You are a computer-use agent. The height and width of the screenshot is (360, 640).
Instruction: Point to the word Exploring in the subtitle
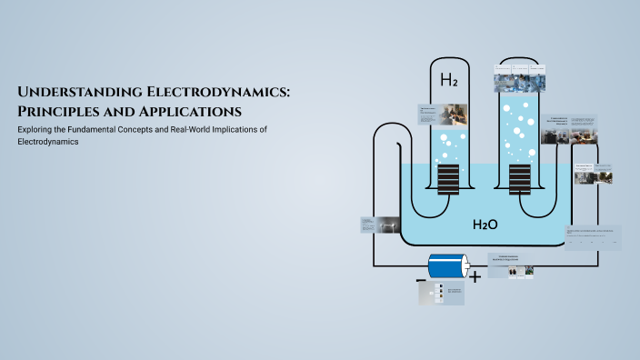pos(36,130)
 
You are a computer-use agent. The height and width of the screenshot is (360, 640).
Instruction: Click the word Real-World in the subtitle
pos(180,130)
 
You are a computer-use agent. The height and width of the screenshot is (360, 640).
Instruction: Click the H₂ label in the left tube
pos(449,80)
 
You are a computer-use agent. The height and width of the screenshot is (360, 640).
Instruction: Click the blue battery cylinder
pos(448,266)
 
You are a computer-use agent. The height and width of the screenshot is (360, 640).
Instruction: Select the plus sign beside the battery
pos(475,275)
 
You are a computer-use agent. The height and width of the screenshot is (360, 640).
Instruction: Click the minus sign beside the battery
pos(421,281)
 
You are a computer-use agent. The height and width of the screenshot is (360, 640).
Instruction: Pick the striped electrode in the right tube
pos(519,179)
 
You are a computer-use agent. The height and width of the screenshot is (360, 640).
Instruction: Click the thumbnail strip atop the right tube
pos(519,77)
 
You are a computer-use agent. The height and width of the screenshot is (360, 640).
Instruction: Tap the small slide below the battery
pos(441,293)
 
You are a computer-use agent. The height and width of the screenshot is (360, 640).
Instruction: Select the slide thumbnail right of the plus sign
pos(511,265)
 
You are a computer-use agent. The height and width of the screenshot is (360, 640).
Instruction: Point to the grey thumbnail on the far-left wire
pos(379,225)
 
